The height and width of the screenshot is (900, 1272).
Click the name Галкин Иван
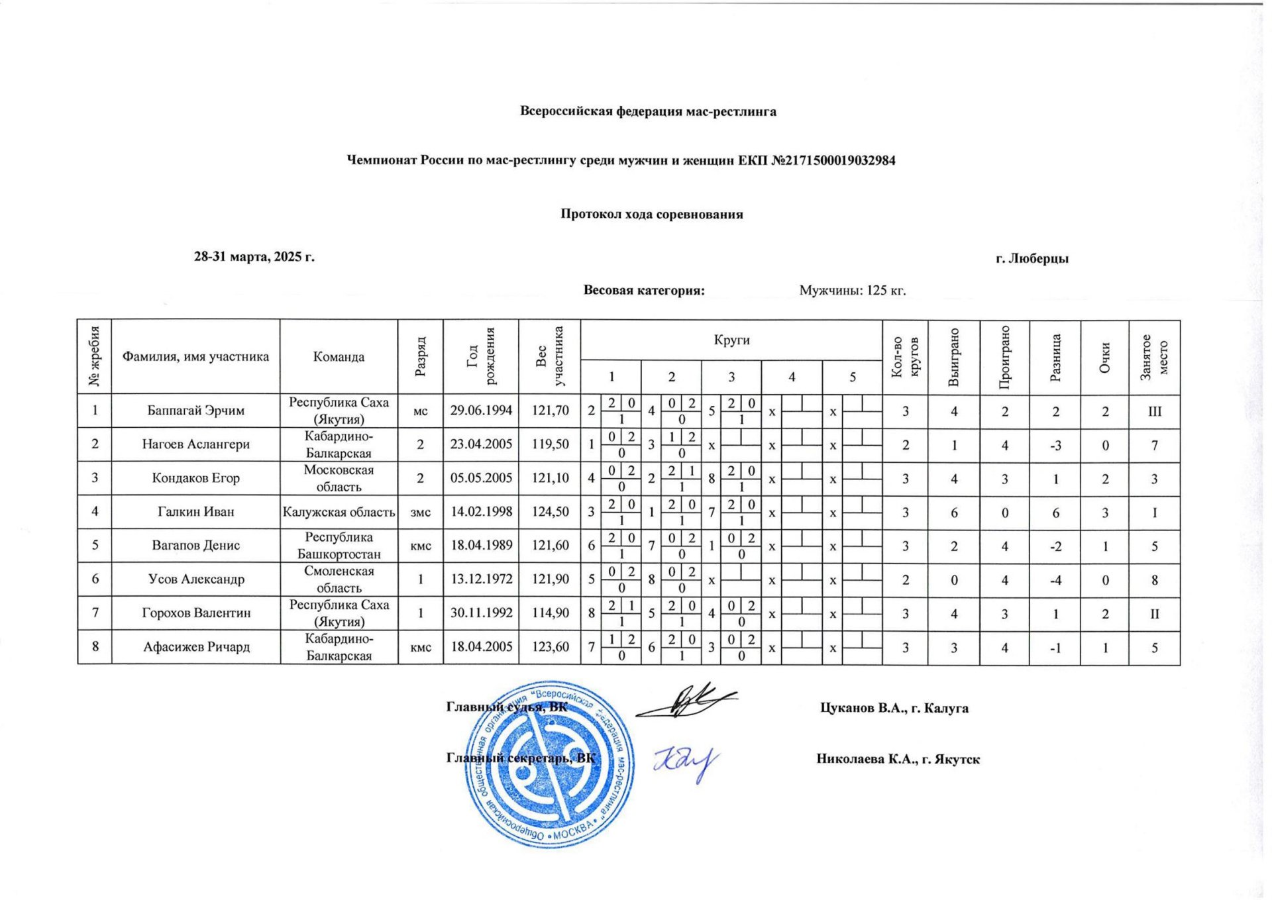(x=195, y=512)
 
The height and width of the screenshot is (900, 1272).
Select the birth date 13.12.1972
(x=481, y=579)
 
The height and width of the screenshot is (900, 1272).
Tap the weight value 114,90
(x=550, y=613)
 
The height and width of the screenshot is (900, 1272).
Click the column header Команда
(x=339, y=357)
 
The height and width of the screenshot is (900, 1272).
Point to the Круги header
(x=731, y=340)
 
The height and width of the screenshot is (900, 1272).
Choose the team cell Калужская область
(x=339, y=512)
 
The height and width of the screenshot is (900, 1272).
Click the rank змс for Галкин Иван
(x=421, y=512)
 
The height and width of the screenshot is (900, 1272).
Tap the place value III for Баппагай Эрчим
(x=1154, y=411)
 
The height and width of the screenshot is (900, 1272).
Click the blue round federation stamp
(x=549, y=765)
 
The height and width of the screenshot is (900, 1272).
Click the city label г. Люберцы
(x=1032, y=259)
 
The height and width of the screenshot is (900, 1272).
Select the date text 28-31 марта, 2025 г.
(x=254, y=257)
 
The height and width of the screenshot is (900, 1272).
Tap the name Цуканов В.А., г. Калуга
(x=894, y=708)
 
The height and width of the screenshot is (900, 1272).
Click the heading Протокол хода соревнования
(x=651, y=215)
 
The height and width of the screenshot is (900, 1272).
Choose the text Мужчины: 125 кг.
(x=852, y=290)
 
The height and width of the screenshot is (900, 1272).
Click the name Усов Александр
(x=195, y=579)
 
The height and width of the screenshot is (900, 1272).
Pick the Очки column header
(x=1104, y=357)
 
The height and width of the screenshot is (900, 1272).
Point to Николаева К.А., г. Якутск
(x=898, y=760)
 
